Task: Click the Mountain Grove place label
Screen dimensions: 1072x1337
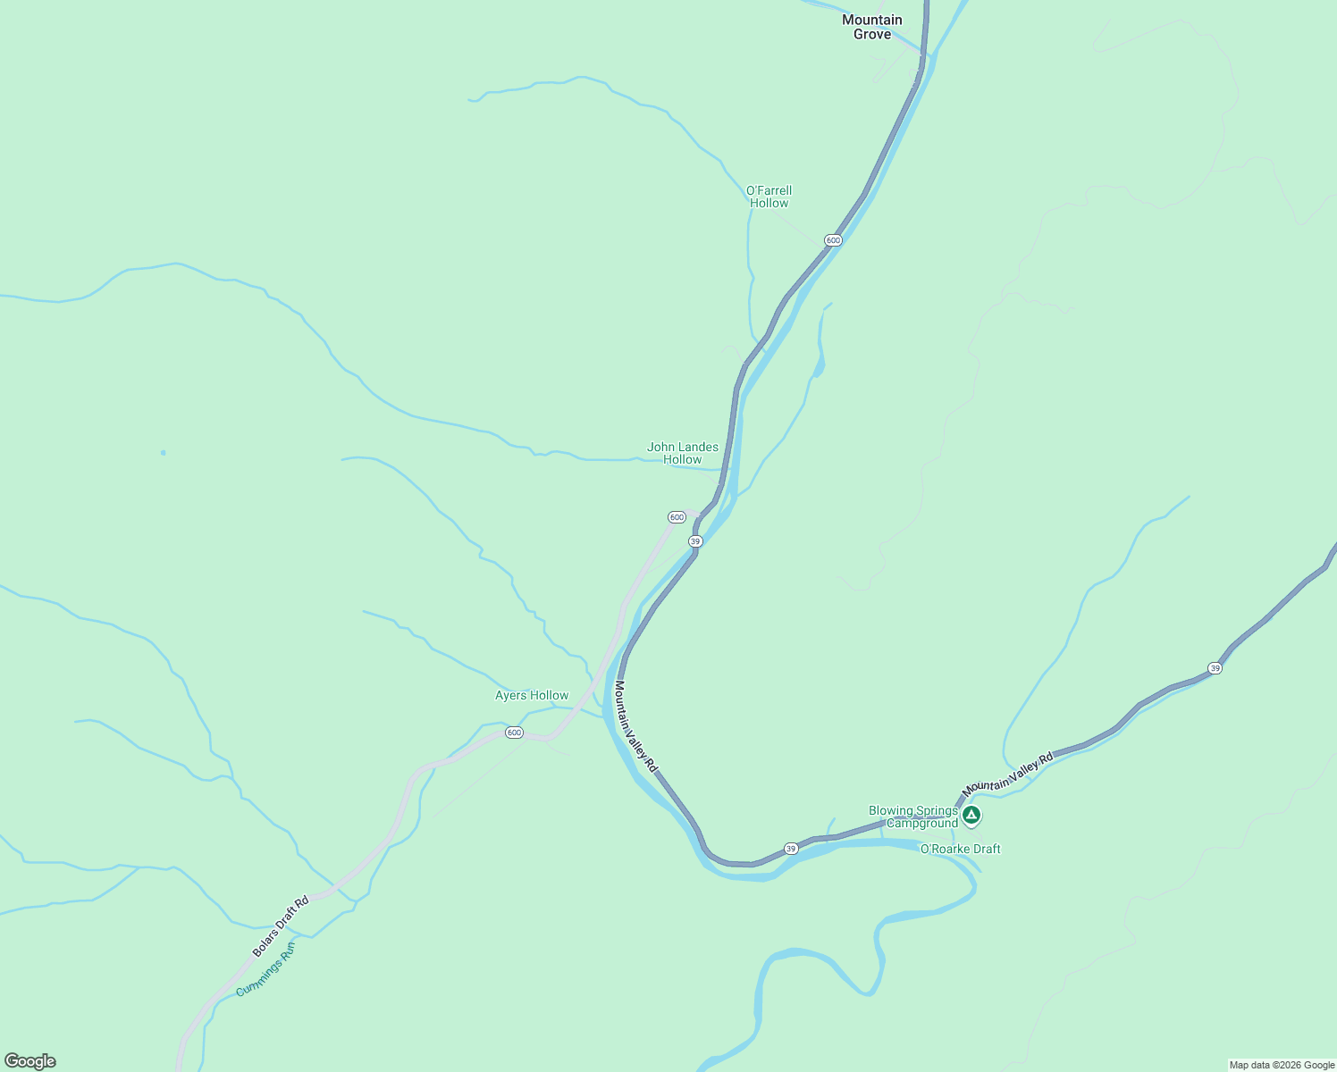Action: (872, 27)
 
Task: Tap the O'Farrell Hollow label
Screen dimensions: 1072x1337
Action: (769, 197)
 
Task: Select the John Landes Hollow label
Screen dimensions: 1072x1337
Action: (683, 453)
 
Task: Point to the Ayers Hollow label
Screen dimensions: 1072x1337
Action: (532, 695)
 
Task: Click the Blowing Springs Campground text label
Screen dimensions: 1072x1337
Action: (913, 817)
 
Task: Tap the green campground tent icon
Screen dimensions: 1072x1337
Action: (971, 815)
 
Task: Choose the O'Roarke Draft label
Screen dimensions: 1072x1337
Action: (961, 849)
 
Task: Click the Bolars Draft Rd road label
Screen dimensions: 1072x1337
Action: (281, 925)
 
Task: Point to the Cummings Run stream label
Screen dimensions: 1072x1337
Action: (265, 969)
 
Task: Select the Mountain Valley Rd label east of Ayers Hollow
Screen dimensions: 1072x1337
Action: (635, 726)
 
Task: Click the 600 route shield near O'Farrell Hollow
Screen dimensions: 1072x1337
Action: (833, 240)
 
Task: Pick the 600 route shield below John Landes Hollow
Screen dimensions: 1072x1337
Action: (677, 517)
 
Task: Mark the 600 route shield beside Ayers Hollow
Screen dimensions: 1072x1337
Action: (514, 733)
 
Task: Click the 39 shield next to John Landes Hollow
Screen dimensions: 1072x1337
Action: (695, 541)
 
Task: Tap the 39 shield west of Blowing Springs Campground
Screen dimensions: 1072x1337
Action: (791, 848)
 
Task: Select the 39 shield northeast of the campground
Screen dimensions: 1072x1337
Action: (1215, 668)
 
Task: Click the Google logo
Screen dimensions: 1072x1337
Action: (30, 1061)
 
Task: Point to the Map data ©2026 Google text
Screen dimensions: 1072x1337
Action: (1281, 1065)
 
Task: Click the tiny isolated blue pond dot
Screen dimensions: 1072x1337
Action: (163, 453)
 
